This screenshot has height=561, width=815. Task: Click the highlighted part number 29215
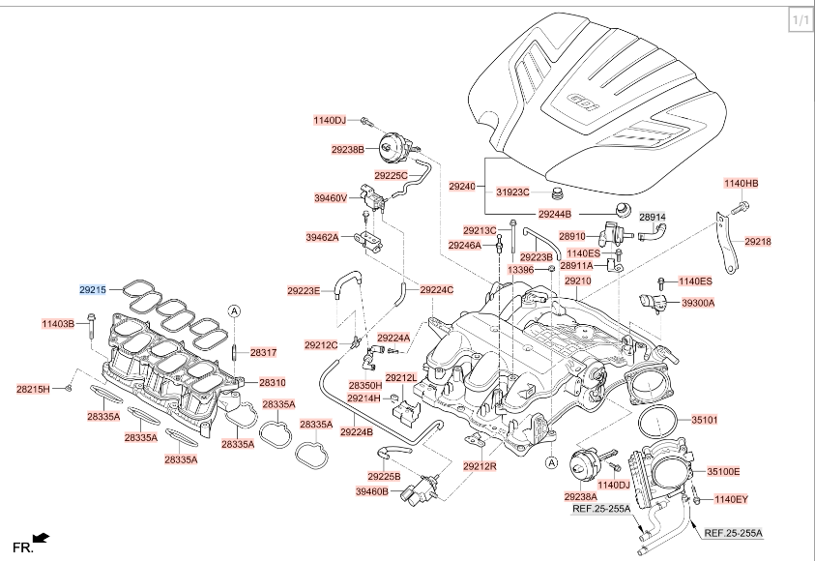[x=93, y=289]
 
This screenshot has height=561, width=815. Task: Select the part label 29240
[x=462, y=186]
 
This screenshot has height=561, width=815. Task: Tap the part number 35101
[x=704, y=419]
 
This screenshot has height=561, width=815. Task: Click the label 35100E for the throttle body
[x=723, y=472]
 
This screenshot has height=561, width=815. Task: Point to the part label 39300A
[x=698, y=303]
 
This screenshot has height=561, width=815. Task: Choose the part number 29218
[x=758, y=241]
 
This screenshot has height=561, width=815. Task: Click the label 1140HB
[x=742, y=183]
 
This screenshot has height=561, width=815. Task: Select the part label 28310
[x=273, y=383]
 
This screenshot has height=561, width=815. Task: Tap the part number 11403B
[x=58, y=324]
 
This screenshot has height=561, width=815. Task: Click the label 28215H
[x=33, y=389]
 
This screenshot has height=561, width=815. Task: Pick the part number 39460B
[x=371, y=490]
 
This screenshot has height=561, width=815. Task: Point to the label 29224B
[x=357, y=431]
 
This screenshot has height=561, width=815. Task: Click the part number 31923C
[x=512, y=192]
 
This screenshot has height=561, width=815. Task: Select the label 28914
[x=653, y=217]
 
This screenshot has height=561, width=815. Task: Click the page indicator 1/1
[x=800, y=20]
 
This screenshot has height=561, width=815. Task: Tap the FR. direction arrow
[x=41, y=537]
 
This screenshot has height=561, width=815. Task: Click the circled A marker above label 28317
[x=234, y=311]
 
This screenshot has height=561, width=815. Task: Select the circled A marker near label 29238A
[x=551, y=462]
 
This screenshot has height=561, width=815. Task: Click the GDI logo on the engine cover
[x=583, y=102]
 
